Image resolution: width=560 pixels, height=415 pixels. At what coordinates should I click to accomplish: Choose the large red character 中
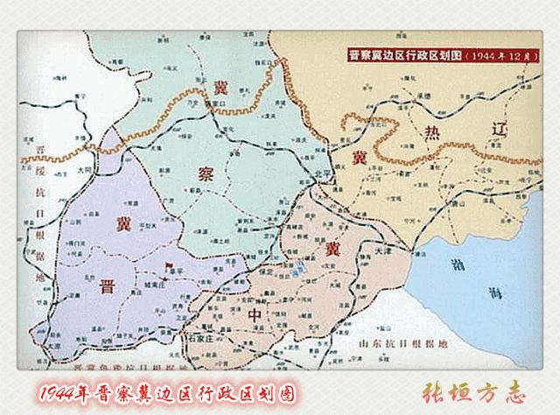coord(255,313)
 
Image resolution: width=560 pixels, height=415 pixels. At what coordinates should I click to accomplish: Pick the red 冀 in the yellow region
coord(360,158)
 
